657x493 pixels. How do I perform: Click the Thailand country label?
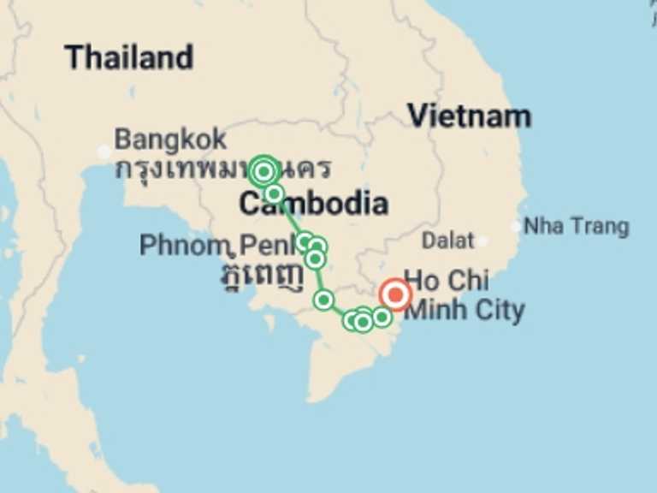[x=129, y=57]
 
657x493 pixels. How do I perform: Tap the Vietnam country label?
[x=469, y=116]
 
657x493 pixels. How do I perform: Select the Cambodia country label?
[x=313, y=204]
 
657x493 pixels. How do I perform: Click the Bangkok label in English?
[x=171, y=139]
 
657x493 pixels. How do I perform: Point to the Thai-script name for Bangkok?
[x=222, y=169]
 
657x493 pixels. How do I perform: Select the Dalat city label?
[x=447, y=241]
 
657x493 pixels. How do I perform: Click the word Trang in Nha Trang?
[x=599, y=227]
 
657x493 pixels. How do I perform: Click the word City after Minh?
[x=497, y=310]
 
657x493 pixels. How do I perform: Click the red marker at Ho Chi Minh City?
[x=396, y=295]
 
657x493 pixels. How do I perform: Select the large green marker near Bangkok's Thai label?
[x=263, y=171]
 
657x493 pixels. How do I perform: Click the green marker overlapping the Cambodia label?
[x=274, y=194]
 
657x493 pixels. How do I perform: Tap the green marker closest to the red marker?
[x=382, y=317]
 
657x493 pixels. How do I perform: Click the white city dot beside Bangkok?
[x=104, y=152]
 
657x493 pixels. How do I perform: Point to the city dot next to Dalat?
[x=482, y=241]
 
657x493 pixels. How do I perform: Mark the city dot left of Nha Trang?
[x=515, y=227]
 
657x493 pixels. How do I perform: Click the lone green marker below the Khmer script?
[x=323, y=300]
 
